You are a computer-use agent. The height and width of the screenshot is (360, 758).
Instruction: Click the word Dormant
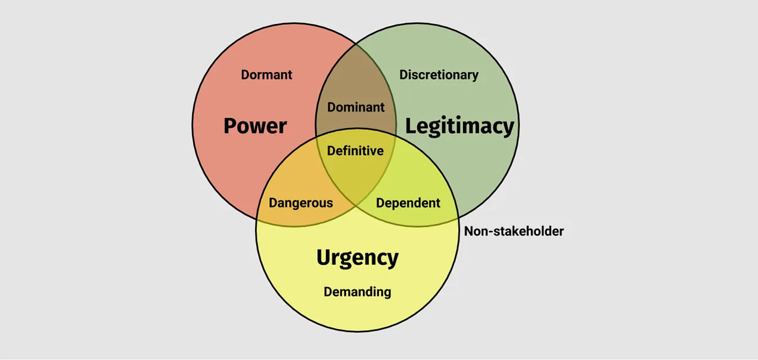click(x=266, y=75)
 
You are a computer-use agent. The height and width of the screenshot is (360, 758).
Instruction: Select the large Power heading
click(x=255, y=126)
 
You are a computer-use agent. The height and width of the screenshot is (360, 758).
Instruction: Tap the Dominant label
click(x=356, y=108)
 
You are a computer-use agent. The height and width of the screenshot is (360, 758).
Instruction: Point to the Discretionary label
click(x=439, y=75)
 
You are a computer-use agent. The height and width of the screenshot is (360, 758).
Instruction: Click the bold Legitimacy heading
click(x=459, y=126)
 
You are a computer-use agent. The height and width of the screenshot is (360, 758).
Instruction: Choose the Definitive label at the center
click(x=355, y=151)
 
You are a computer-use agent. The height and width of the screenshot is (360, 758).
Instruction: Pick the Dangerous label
click(x=300, y=203)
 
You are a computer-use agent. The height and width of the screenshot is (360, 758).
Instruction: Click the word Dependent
click(x=408, y=203)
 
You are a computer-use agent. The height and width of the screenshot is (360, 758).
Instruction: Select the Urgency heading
click(x=357, y=258)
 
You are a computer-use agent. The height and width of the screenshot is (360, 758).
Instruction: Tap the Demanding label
click(x=357, y=292)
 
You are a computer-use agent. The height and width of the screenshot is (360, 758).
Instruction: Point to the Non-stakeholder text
click(x=514, y=231)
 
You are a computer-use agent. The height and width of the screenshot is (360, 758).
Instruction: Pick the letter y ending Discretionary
click(x=475, y=76)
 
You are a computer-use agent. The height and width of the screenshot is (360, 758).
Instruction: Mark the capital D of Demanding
click(x=328, y=292)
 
